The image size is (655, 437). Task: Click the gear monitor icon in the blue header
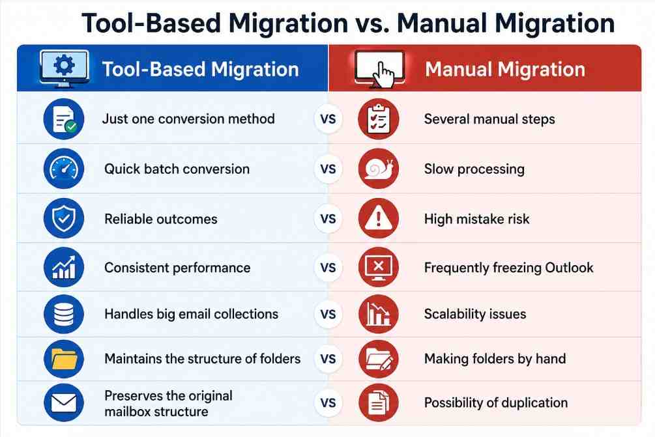click(x=64, y=68)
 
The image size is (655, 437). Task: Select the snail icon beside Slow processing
click(x=379, y=169)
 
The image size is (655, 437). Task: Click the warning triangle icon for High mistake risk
click(x=379, y=218)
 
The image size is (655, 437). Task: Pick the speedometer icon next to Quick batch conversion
click(x=64, y=169)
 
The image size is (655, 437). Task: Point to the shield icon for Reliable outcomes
click(x=64, y=218)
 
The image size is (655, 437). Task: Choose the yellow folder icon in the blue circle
click(x=64, y=359)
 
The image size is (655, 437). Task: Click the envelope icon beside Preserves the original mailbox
click(x=64, y=402)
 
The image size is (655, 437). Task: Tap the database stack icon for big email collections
click(x=64, y=314)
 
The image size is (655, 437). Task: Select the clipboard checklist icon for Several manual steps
click(x=379, y=119)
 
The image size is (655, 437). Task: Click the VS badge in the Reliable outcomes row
click(x=328, y=219)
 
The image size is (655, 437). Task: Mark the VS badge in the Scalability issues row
click(x=328, y=314)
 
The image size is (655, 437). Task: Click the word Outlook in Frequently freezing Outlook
click(x=570, y=268)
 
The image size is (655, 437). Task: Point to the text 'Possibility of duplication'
click(x=496, y=402)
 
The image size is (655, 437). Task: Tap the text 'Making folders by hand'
click(x=495, y=359)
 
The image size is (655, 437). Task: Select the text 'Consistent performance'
click(x=177, y=268)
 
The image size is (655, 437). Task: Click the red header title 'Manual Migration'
click(x=505, y=69)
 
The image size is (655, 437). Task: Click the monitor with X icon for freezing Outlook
click(x=379, y=267)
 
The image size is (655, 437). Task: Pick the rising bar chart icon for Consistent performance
click(x=64, y=267)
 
